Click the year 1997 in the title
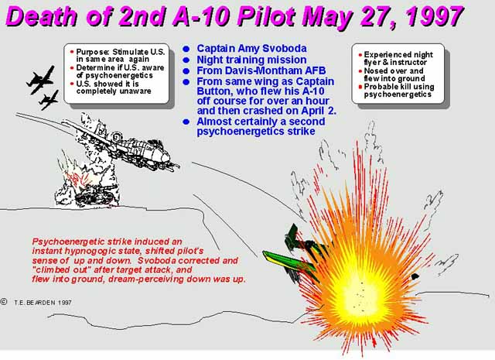coord(435,16)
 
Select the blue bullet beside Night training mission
coord(186,60)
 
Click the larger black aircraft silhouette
coord(40,80)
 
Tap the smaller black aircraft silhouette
coord(49,100)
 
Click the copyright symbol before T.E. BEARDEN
coord(4,302)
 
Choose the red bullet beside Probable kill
coord(360,87)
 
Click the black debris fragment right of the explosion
coord(415,277)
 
